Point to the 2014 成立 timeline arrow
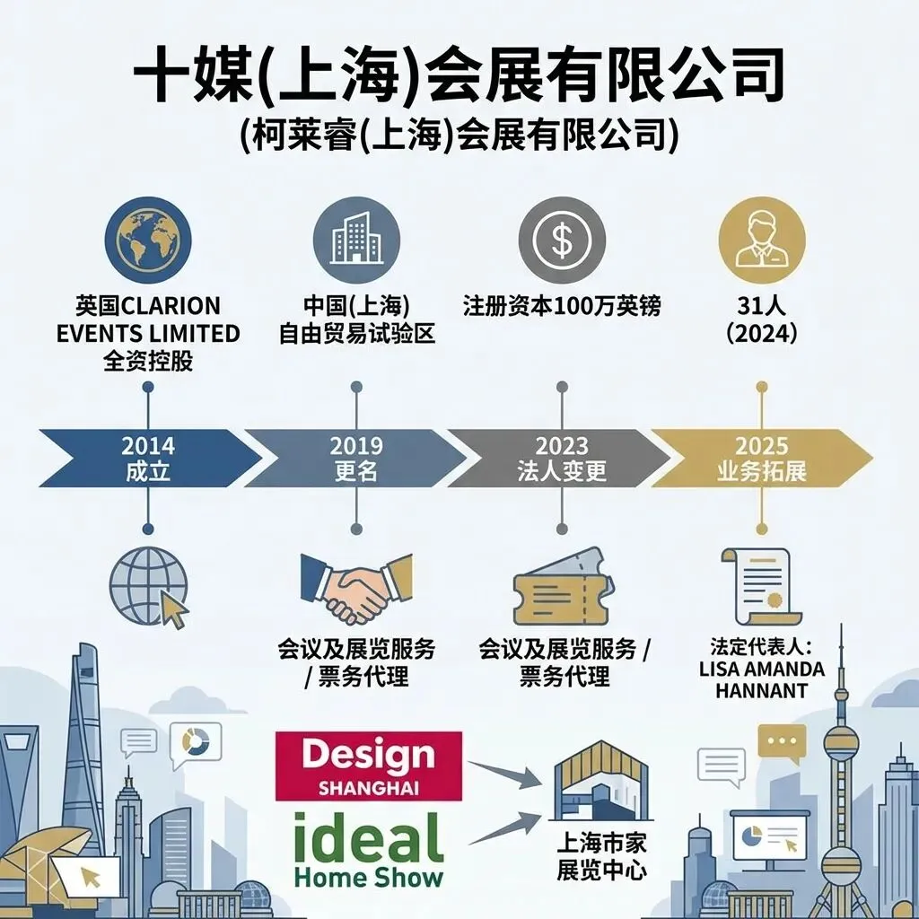pos(148,458)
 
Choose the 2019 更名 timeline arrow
pos(356,458)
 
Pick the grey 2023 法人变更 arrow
pos(562,458)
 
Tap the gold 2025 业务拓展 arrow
pos(761,458)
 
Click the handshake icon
pos(356,588)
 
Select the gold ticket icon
pos(563,588)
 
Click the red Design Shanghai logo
pos(368,766)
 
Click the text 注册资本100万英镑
pos(562,306)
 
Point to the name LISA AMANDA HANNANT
pos(761,680)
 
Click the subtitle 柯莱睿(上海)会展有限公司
pos(459,137)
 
